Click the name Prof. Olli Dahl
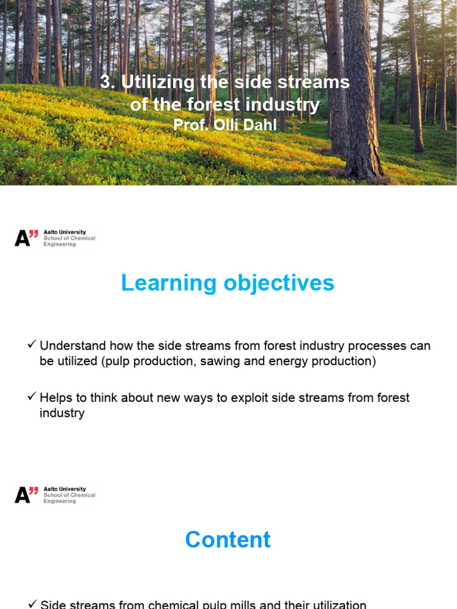point(225,125)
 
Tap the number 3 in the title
point(105,82)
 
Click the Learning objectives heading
point(227,283)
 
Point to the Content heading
point(227,539)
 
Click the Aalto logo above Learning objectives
point(26,238)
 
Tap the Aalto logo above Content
point(26,495)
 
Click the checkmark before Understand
point(32,345)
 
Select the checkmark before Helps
point(32,397)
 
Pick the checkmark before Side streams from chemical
point(32,603)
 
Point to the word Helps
point(56,397)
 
